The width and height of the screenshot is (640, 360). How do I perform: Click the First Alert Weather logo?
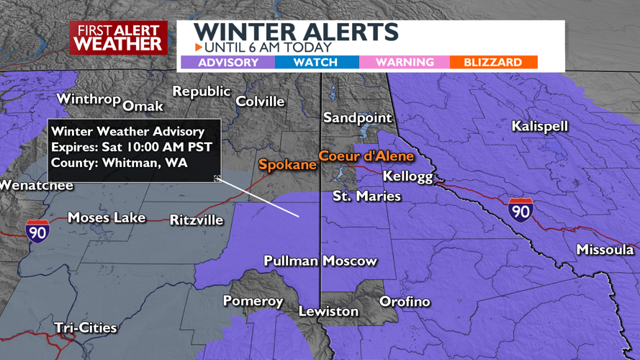[x=118, y=37]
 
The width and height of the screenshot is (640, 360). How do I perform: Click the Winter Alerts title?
[x=295, y=32]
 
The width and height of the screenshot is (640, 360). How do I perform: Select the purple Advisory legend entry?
[x=227, y=63]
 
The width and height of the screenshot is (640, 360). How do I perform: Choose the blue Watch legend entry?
[x=315, y=63]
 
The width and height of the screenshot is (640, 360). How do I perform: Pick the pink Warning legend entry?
[x=405, y=63]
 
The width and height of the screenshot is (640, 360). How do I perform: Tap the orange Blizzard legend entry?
[x=492, y=63]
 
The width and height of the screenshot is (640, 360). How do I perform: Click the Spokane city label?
[x=288, y=165]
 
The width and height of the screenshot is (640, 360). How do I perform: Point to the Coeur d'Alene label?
[x=366, y=156]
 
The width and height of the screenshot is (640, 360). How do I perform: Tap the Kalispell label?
[x=539, y=127]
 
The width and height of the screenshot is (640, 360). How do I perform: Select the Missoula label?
[x=605, y=250]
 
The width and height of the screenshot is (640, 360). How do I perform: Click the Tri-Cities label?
[x=85, y=328]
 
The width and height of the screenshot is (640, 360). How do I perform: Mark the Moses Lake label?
[x=106, y=217]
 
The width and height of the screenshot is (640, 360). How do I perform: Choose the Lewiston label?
[x=328, y=312]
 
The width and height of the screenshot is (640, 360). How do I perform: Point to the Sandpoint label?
[x=357, y=118]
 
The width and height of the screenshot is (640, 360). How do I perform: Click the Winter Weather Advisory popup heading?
[x=127, y=132]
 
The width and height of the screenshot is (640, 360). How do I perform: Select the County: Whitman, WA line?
[x=119, y=163]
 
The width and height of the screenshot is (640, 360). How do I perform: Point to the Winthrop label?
[x=88, y=99]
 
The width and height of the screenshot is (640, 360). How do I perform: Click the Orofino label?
[x=405, y=302]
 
